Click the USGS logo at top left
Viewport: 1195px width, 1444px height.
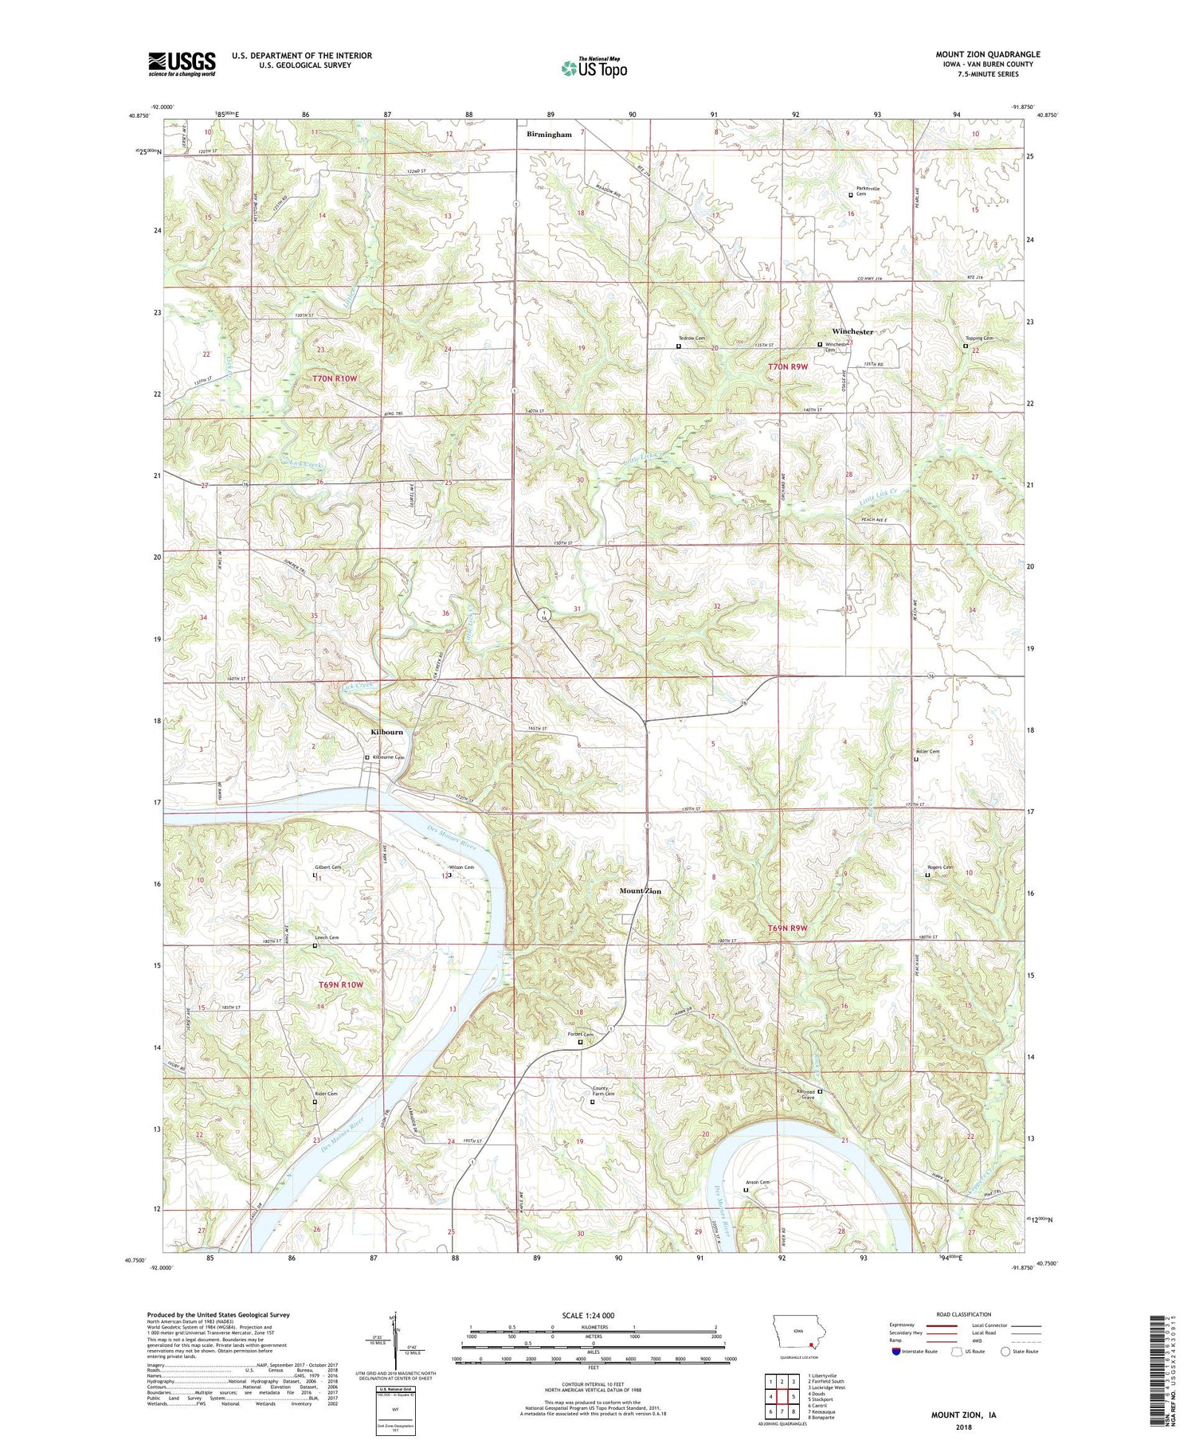pos(182,64)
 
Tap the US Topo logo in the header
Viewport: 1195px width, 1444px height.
pos(594,68)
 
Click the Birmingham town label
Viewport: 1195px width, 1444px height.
pos(549,135)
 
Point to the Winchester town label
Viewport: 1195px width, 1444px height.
pos(852,331)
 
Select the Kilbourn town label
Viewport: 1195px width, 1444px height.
pos(387,732)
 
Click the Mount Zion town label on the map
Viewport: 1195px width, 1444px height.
pos(641,890)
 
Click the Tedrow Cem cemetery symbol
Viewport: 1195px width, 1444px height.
pos(679,346)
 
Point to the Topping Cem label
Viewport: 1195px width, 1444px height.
pos(979,338)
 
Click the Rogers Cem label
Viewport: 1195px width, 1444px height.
pos(940,867)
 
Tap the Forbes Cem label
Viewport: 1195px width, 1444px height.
pos(580,1035)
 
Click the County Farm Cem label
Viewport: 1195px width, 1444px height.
pos(603,1092)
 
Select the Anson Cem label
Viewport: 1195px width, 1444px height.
pos(757,1183)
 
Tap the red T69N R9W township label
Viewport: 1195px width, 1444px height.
pos(787,929)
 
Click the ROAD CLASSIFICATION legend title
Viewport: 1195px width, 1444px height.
pos(964,1314)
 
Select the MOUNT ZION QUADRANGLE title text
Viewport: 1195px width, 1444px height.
pos(987,55)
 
